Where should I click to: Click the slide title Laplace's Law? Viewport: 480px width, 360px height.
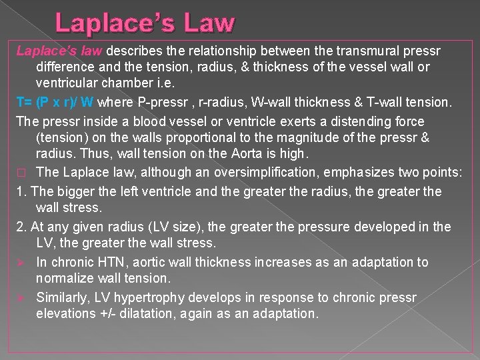pos(145,23)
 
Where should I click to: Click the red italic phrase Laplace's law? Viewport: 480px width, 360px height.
pos(59,51)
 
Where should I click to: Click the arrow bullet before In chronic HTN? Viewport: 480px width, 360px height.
pos(21,262)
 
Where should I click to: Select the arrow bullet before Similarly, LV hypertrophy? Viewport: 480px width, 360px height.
pos(21,297)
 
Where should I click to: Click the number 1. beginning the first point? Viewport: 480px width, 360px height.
pos(21,192)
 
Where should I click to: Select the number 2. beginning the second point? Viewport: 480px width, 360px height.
pos(21,227)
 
